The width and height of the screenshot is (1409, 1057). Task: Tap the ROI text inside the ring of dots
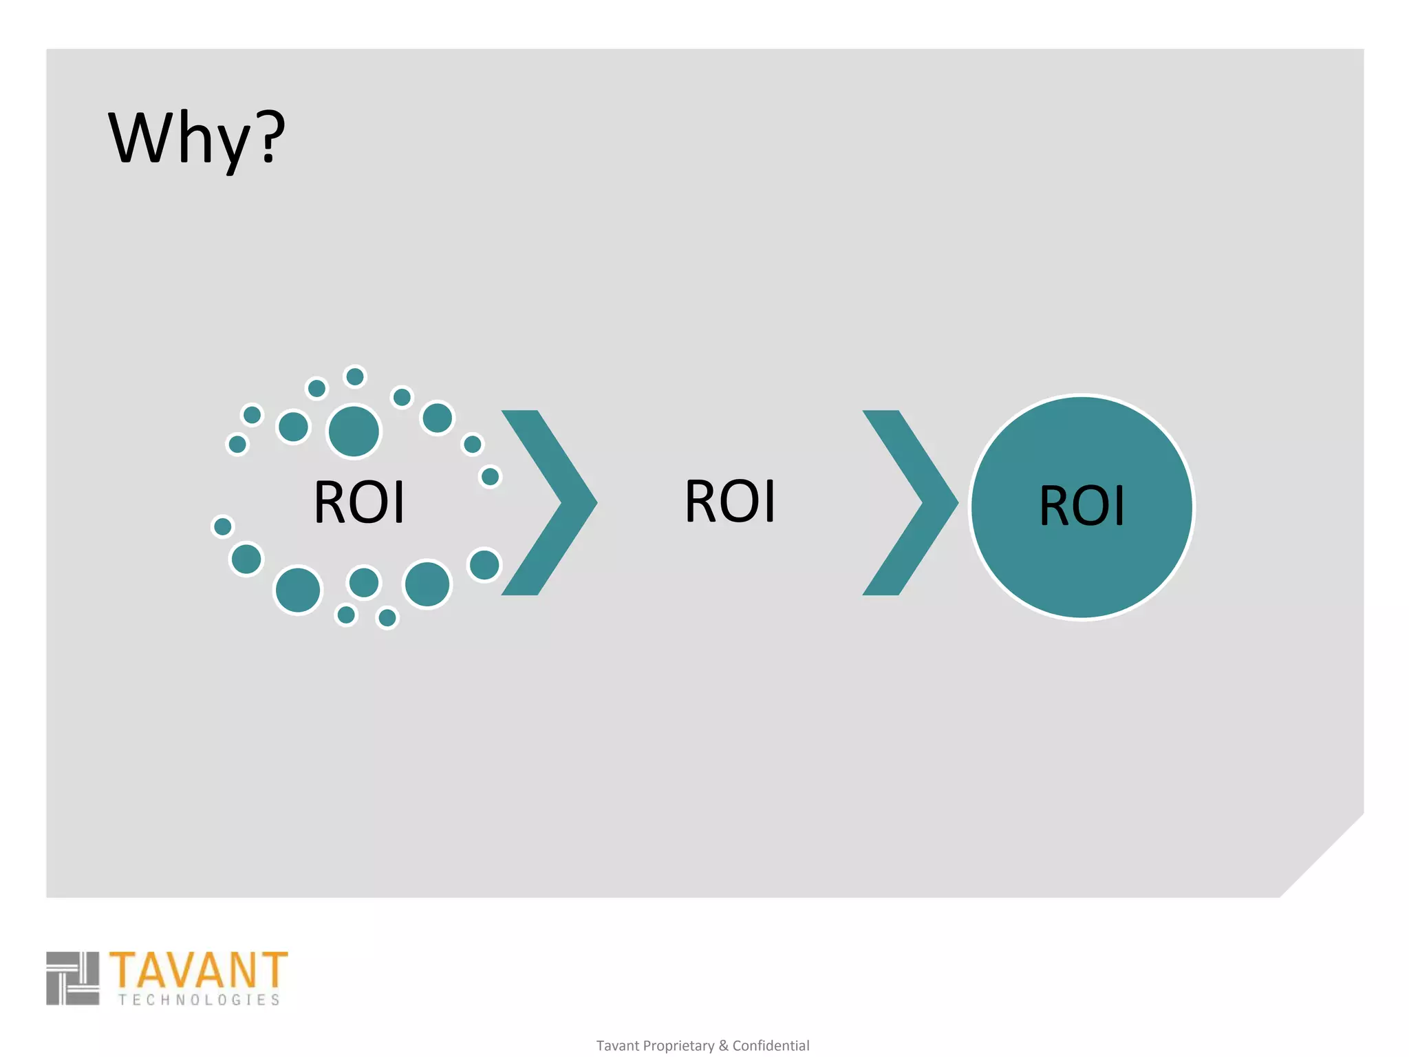tap(359, 502)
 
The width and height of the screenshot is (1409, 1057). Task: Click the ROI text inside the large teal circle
tap(1082, 506)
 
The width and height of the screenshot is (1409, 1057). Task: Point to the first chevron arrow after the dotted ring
tap(550, 502)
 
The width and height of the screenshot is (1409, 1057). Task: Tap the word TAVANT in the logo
tap(198, 970)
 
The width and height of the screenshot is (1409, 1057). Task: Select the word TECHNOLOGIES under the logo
tap(199, 1000)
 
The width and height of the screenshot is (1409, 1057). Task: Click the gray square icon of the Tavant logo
tap(73, 978)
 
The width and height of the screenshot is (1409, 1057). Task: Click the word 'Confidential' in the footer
tap(771, 1046)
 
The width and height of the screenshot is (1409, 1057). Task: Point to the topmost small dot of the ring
tap(355, 377)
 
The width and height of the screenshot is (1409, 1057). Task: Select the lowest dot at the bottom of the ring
tap(387, 618)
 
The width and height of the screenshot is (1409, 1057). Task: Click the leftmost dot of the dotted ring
tap(222, 526)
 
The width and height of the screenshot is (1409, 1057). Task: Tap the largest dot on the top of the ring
tap(354, 431)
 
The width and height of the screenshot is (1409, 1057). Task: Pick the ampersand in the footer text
tap(723, 1046)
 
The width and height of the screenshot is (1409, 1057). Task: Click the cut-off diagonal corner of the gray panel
tap(1322, 855)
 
